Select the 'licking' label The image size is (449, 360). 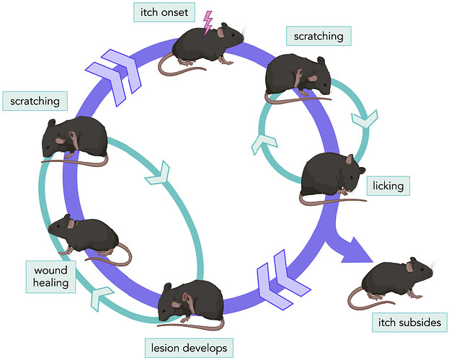click(388, 185)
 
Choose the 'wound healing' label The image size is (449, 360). click(51, 276)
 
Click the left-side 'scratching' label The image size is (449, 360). click(35, 100)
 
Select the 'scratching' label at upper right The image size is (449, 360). click(318, 35)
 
